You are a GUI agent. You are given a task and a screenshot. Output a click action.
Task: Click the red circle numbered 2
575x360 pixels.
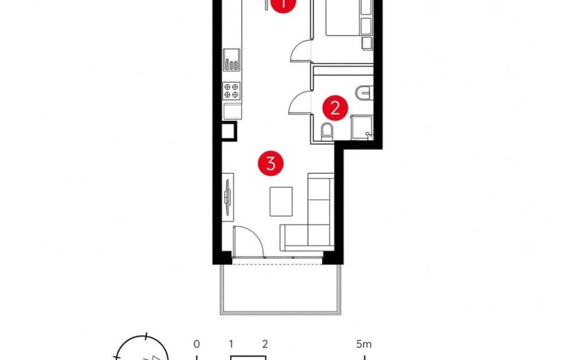coord(335,108)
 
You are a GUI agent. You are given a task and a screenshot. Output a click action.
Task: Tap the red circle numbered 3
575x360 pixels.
coord(271,163)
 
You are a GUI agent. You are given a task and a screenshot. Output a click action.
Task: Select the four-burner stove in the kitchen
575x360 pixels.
coord(232,91)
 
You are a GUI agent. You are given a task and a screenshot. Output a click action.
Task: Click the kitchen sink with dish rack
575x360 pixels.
coord(232,60)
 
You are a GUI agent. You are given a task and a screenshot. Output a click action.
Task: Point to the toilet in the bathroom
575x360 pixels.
coord(327,132)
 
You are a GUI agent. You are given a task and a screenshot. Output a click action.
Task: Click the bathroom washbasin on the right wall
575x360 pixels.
coord(364,92)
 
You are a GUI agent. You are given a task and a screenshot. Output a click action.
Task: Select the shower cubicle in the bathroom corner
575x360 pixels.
coord(362,127)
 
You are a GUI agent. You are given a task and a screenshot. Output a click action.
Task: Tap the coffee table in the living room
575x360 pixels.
coord(281,201)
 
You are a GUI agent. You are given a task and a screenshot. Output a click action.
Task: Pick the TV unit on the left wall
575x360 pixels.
coord(228,197)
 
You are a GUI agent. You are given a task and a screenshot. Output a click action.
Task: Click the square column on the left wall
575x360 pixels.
coord(229,131)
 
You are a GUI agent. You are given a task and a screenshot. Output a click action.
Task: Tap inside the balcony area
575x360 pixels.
coord(281,289)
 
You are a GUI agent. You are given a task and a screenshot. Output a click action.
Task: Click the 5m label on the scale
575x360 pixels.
coord(364,344)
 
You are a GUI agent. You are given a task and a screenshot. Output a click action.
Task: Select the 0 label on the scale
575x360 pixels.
coord(197,344)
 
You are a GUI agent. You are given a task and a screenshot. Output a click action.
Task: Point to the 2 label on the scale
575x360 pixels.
coord(265,344)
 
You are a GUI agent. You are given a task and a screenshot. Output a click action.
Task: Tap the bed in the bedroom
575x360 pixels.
coord(349,17)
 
